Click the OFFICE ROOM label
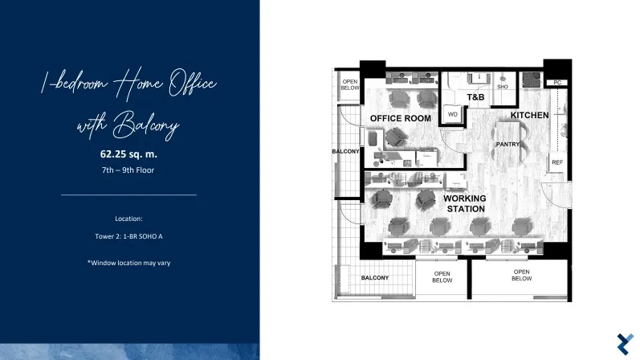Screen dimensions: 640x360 click(x=401, y=118)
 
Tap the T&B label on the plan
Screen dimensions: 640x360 click(x=475, y=97)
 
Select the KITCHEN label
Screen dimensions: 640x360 click(x=529, y=115)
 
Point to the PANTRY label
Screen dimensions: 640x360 click(x=508, y=145)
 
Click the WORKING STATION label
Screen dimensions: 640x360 click(x=465, y=203)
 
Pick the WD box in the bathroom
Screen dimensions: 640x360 click(x=453, y=114)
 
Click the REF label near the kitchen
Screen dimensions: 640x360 click(x=557, y=162)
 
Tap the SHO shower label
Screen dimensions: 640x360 click(x=503, y=87)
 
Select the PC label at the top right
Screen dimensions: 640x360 click(x=557, y=83)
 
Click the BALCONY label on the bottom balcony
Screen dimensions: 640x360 click(x=375, y=278)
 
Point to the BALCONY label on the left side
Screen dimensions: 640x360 click(x=345, y=152)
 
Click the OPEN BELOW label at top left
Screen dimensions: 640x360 click(x=350, y=84)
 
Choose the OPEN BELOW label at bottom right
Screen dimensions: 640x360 click(x=522, y=275)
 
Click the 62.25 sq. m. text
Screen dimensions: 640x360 click(x=128, y=154)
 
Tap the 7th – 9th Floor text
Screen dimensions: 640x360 click(x=128, y=170)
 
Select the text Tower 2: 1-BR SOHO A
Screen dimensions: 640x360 click(x=128, y=236)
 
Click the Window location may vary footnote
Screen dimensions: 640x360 click(x=128, y=263)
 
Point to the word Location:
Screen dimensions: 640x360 click(x=128, y=219)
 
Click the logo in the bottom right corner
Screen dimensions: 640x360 click(x=626, y=344)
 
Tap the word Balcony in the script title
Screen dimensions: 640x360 click(x=146, y=125)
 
